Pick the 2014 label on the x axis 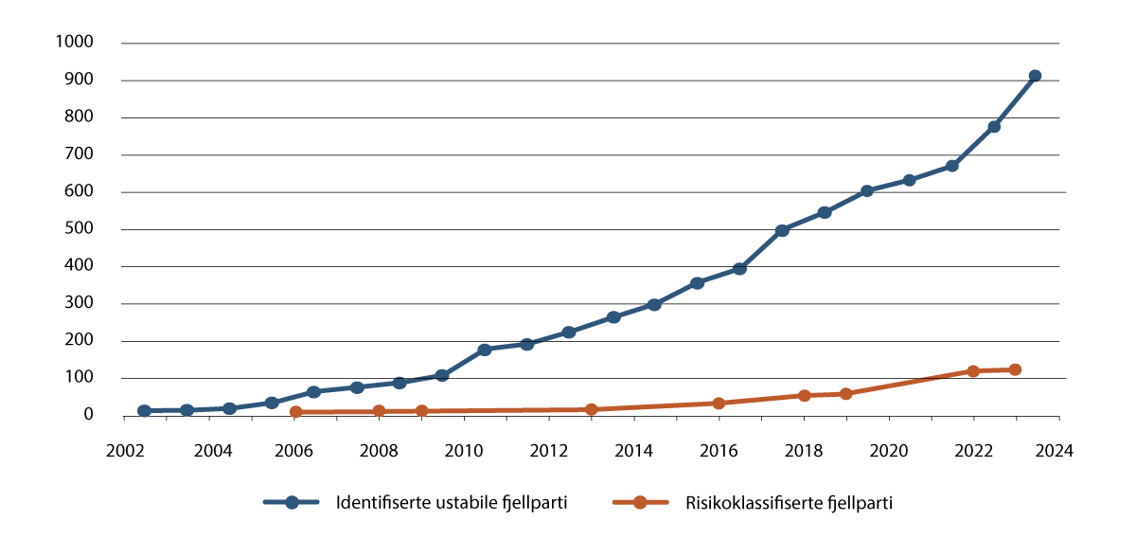pos(634,452)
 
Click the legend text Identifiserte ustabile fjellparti pos(452,503)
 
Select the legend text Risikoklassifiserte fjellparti pos(789,503)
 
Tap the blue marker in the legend pos(292,503)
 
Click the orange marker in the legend pos(639,503)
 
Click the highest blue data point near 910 pos(1035,76)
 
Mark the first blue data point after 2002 pos(144,411)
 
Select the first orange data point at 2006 pos(295,412)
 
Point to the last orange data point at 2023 pos(1015,369)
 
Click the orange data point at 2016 pos(719,403)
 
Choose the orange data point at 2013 pos(592,410)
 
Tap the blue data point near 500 pos(782,230)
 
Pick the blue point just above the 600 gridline pos(866,190)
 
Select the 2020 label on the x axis pos(890,452)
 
